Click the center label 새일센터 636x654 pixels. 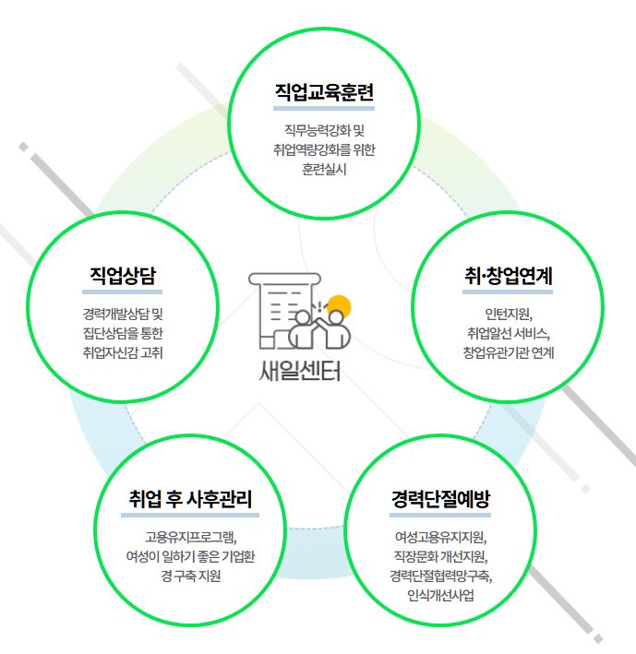300,374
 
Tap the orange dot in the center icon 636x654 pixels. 340,305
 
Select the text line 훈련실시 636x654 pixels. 324,170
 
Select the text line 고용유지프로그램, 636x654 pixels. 191,536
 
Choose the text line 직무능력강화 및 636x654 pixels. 324,129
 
